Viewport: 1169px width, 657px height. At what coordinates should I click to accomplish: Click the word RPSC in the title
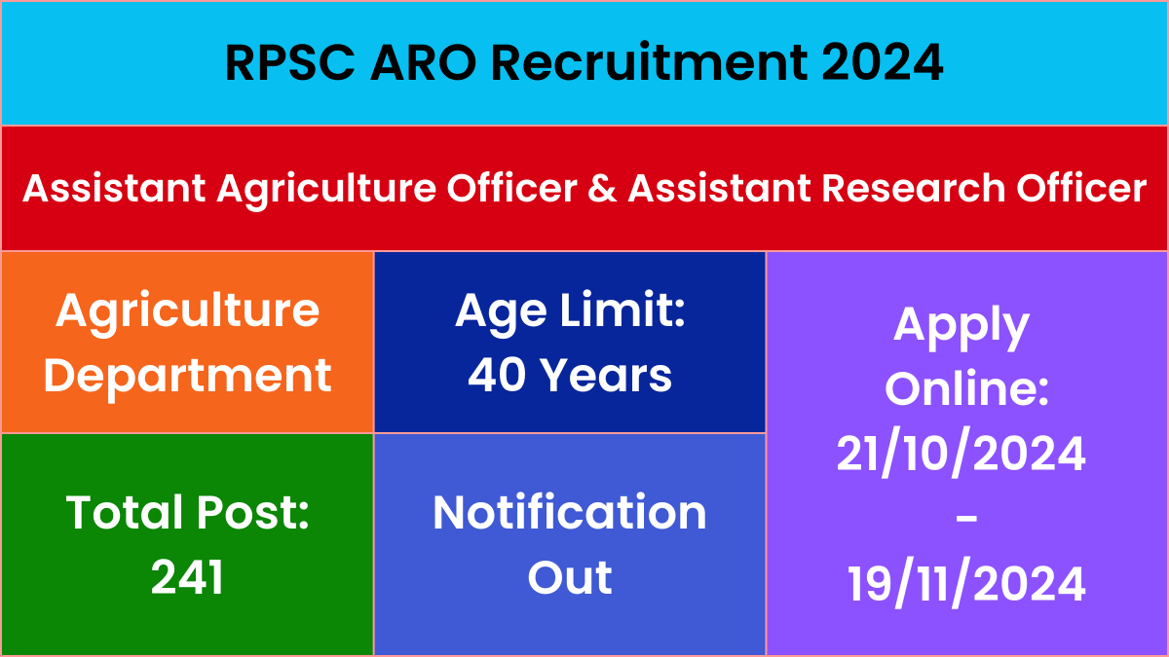pos(289,62)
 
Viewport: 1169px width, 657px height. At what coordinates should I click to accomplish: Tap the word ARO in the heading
pos(423,62)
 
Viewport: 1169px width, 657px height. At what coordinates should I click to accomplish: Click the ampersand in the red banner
pos(602,188)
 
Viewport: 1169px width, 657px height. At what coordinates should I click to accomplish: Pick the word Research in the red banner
pos(914,188)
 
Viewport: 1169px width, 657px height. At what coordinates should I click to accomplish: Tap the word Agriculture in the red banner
pos(326,190)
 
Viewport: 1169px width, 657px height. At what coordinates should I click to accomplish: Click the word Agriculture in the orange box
pos(187,313)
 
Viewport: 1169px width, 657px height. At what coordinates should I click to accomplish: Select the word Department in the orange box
pos(187,379)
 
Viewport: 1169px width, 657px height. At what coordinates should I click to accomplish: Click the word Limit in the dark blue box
pos(622,310)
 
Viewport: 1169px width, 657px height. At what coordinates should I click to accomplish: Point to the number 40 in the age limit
pos(497,375)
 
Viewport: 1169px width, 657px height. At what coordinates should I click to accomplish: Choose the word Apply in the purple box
pos(962,328)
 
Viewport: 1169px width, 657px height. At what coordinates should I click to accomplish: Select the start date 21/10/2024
pos(962,453)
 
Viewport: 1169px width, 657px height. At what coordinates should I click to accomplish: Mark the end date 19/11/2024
pos(966,583)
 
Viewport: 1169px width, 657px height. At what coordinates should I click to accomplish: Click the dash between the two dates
pos(966,520)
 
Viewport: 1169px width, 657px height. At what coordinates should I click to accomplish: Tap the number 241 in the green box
pos(187,577)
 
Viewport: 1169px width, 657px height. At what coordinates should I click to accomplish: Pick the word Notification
pos(570,513)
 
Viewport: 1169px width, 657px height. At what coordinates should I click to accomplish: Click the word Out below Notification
pos(570,577)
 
